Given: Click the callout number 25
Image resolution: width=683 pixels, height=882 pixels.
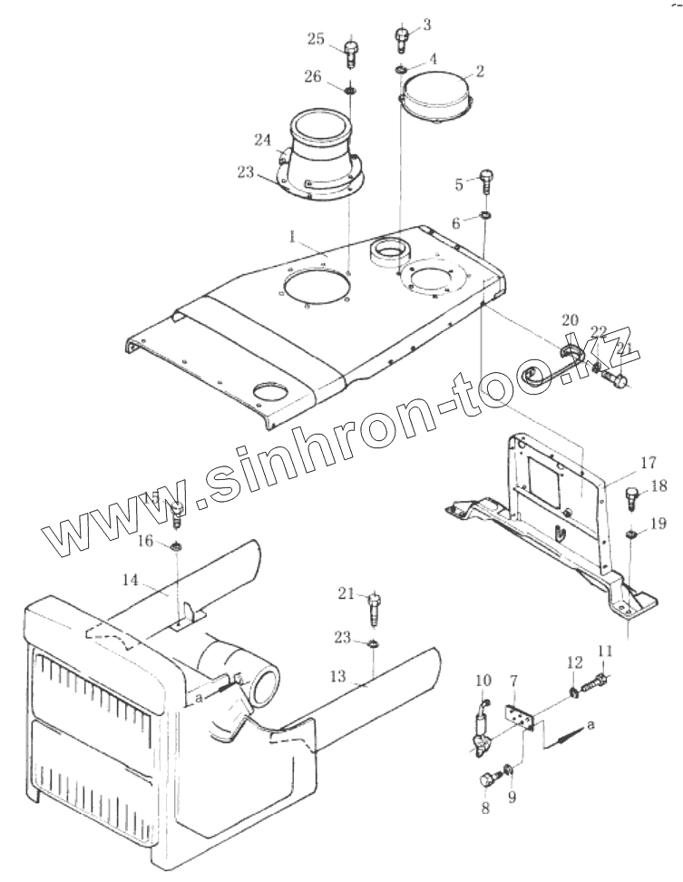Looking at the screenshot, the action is coord(316,39).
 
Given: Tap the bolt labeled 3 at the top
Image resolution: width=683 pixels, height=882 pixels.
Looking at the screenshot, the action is coord(401,39).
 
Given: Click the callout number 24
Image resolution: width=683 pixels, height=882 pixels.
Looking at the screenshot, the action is coord(262,140).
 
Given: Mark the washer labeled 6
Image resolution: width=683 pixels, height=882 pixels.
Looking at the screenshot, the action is coord(486,216).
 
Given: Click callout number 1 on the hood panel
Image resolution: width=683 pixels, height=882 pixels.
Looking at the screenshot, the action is coord(293,236).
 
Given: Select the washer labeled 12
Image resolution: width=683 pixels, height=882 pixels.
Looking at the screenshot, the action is coord(574,694).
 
